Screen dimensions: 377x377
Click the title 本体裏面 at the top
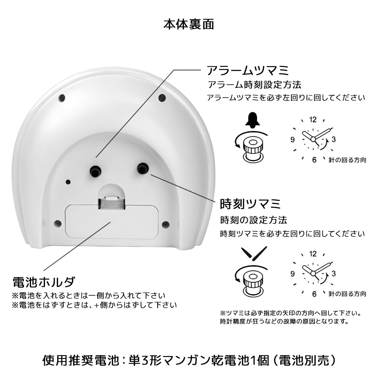[x=188, y=24]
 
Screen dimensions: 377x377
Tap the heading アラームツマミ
[x=248, y=70]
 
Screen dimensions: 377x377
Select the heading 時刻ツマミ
[x=250, y=204]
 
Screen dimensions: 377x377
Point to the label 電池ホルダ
[x=44, y=282]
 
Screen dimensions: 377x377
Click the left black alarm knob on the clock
[x=95, y=170]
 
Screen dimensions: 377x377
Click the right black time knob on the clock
[x=143, y=168]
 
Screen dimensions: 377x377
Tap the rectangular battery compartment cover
[x=112, y=221]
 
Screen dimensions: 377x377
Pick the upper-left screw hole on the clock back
[x=62, y=98]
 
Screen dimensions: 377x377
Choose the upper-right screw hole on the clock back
[x=162, y=98]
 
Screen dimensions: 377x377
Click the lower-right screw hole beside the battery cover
[x=166, y=225]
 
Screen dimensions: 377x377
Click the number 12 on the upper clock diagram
[x=313, y=120]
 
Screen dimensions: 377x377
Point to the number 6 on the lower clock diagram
[x=314, y=294]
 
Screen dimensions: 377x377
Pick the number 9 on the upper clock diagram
[x=293, y=139]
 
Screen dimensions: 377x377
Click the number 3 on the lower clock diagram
[x=334, y=273]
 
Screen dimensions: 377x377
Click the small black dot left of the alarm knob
[x=68, y=182]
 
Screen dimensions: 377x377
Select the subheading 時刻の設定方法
[x=254, y=220]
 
